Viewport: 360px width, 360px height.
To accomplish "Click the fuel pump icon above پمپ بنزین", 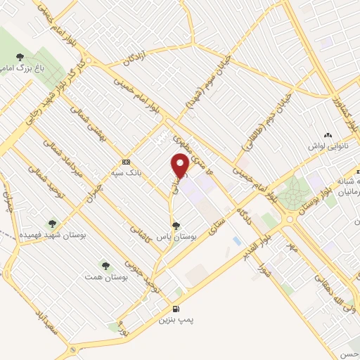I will pos(175,309).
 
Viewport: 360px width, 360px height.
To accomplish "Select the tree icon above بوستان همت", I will pos(105,266).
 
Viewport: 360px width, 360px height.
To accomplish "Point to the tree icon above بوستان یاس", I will pos(175,226).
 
